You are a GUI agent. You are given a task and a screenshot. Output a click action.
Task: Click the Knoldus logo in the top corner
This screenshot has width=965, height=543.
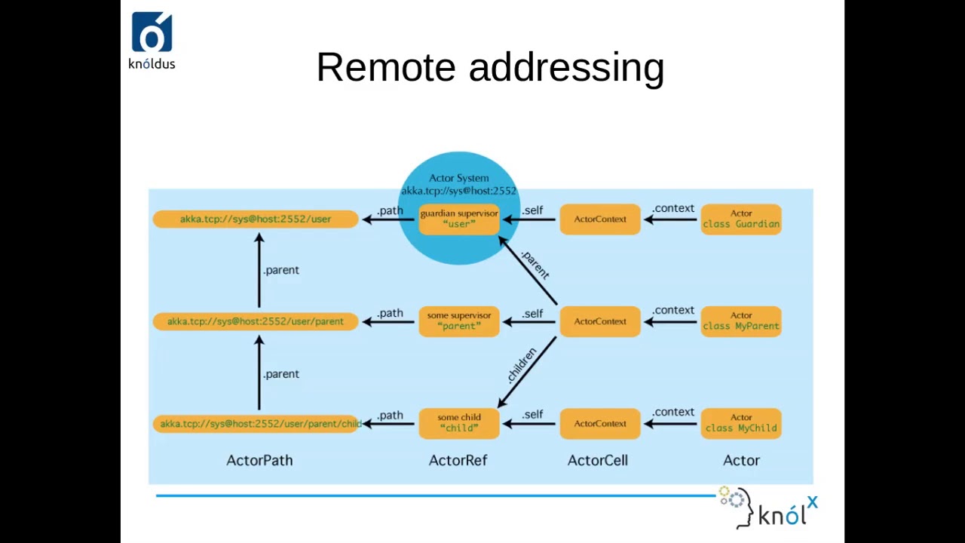click(152, 41)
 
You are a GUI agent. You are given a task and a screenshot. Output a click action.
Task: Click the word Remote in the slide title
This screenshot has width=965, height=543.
click(385, 67)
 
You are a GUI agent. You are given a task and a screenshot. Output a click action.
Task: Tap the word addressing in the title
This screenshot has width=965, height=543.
click(566, 69)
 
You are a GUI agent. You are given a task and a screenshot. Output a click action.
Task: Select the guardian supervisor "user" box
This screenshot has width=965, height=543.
click(459, 219)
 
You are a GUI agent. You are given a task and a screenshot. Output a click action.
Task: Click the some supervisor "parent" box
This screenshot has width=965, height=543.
click(459, 321)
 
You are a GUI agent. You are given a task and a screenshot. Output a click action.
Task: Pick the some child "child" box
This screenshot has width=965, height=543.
click(459, 423)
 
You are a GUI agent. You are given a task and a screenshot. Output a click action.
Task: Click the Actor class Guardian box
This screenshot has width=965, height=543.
click(741, 219)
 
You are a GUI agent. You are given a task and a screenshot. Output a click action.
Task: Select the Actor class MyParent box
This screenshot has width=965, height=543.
click(741, 321)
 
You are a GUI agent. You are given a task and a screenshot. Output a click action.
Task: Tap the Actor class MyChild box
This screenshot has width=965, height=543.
click(741, 423)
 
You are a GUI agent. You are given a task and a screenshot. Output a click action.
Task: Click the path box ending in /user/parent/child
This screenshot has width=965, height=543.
click(256, 424)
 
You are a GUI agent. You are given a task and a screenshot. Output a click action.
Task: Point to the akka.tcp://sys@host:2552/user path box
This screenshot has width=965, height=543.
click(256, 219)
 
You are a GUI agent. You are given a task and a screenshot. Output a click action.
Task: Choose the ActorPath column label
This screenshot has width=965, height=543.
click(259, 460)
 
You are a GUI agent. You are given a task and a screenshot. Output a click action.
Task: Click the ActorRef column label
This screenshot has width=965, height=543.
click(458, 460)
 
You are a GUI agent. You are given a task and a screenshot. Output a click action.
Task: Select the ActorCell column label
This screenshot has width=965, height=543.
click(597, 460)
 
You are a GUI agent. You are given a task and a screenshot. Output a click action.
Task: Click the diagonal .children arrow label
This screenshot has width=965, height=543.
click(522, 365)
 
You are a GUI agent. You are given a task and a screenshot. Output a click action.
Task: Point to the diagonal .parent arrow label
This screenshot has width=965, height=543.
click(535, 263)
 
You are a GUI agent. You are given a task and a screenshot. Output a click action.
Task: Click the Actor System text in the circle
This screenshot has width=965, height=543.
click(458, 179)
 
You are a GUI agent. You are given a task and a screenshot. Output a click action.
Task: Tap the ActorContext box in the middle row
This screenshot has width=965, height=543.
click(600, 321)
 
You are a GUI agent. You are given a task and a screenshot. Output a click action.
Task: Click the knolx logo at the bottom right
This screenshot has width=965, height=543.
click(769, 509)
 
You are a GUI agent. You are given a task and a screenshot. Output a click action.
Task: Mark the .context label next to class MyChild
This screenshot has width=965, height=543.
click(673, 412)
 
